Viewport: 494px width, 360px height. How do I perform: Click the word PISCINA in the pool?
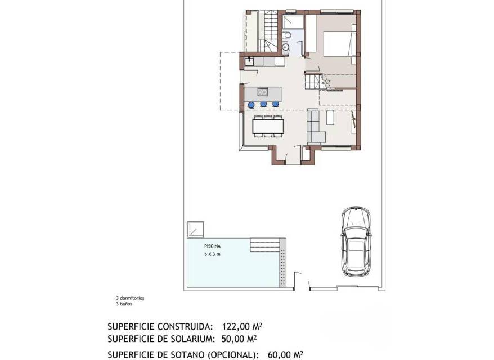212,246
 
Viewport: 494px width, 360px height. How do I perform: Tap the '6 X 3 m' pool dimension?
212,254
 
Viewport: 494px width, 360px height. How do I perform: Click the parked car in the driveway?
356,242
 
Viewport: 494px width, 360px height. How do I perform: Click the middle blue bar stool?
263,104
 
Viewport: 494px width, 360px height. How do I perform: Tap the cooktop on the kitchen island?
262,92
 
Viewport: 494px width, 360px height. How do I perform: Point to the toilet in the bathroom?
286,35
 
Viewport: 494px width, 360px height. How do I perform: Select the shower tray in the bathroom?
293,22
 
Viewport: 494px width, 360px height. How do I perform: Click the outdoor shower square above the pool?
195,229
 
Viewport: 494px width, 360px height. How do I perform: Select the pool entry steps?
265,245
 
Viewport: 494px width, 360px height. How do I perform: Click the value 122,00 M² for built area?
242,326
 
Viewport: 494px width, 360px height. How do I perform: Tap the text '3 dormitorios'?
130,298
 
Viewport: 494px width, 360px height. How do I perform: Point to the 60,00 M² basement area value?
285,355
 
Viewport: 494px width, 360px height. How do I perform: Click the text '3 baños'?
124,304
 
